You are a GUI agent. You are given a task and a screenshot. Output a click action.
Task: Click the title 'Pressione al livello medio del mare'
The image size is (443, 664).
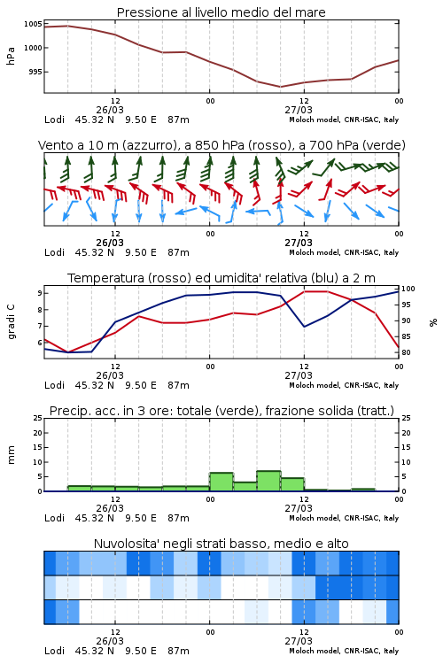[x=221, y=12]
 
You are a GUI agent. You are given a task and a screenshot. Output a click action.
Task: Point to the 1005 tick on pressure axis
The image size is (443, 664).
[x=33, y=24]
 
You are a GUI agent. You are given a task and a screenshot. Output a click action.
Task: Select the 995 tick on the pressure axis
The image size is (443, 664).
[x=35, y=72]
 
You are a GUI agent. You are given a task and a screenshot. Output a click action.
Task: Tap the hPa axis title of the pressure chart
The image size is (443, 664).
[x=11, y=56]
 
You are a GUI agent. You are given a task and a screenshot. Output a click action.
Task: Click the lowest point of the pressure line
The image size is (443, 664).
[x=280, y=87]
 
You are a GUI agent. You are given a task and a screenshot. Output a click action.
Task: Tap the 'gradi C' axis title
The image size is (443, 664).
[x=11, y=321]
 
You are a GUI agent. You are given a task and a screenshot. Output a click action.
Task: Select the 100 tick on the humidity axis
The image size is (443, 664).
[x=408, y=289]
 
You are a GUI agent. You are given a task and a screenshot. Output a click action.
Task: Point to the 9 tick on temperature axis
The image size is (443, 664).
[x=39, y=293]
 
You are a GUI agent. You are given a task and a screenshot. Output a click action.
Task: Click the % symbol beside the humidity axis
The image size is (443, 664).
[x=433, y=322]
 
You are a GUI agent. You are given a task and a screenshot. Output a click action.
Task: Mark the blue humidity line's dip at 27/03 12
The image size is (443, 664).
[x=304, y=327]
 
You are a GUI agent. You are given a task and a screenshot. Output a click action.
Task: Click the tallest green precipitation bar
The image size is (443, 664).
[x=268, y=481]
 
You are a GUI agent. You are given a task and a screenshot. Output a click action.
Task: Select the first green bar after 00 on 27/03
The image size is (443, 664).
[x=221, y=482]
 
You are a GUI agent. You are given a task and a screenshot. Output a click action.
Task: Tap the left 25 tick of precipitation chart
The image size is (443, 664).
[x=38, y=418]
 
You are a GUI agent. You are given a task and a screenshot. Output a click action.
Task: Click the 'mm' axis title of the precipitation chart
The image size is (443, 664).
[x=11, y=454]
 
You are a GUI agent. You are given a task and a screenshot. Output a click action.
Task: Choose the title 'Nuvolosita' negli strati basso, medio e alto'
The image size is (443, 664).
[x=221, y=544]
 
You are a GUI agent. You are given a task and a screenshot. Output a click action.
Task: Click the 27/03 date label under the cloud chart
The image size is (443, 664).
[x=299, y=641]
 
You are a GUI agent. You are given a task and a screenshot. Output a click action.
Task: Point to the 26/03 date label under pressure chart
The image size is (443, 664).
[x=110, y=110]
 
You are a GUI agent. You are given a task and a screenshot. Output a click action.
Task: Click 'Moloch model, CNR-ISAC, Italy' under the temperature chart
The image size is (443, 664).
[x=344, y=385]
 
